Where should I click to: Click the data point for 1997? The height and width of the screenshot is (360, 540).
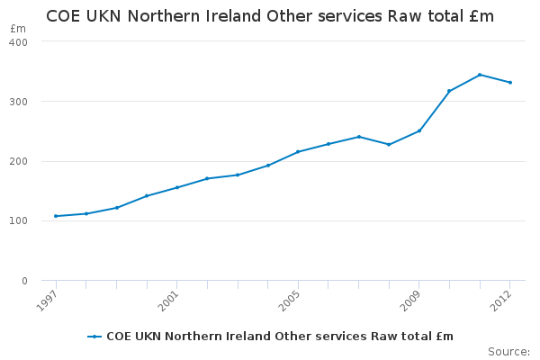click(56, 216)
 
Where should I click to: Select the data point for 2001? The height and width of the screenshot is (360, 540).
click(176, 187)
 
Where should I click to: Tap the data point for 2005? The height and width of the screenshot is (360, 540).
click(298, 152)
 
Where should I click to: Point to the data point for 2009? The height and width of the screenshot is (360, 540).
click(418, 130)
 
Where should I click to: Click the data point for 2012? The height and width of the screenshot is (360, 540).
click(509, 83)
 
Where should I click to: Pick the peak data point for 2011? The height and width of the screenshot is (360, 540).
click(480, 75)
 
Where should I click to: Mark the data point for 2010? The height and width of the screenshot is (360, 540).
click(449, 91)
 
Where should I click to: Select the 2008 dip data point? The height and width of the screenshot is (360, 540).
click(389, 144)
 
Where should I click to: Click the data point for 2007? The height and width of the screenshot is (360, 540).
click(358, 137)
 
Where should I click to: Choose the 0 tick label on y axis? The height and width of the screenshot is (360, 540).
click(24, 281)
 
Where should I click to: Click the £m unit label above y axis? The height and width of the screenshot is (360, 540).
click(18, 30)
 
